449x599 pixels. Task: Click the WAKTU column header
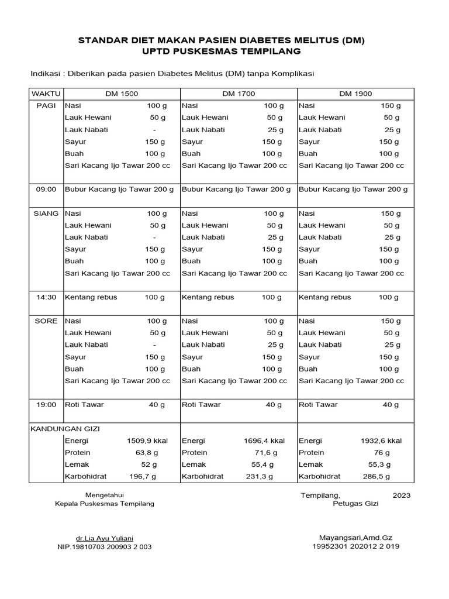[46, 94]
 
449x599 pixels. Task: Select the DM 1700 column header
[239, 94]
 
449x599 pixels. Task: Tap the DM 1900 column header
[355, 94]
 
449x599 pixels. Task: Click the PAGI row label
[46, 106]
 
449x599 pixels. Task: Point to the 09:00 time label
[46, 190]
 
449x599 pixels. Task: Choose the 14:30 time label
[46, 297]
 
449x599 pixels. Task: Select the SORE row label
[46, 321]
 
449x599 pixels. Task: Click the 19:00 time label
[46, 405]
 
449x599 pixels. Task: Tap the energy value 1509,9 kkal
[147, 441]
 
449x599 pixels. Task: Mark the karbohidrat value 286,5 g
[384, 477]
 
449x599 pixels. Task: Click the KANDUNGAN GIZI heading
[61, 429]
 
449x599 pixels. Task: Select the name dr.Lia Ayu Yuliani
[104, 538]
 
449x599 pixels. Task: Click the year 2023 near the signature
[401, 495]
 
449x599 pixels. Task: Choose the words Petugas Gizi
[355, 504]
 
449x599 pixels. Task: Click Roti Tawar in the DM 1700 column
[201, 405]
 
